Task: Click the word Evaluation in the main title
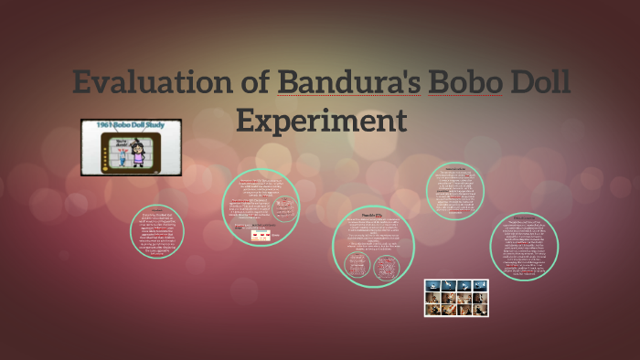[151, 83]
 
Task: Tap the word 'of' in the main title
[255, 83]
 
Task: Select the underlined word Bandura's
[348, 83]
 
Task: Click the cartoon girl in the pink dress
[138, 152]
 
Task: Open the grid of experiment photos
[455, 298]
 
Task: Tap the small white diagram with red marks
[263, 235]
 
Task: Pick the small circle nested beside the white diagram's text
[285, 206]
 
